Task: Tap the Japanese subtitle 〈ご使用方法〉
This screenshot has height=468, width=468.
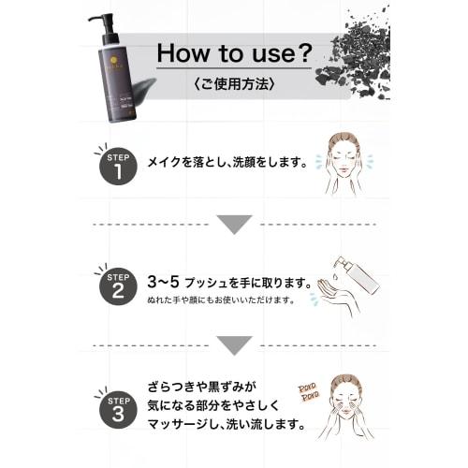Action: point(234,82)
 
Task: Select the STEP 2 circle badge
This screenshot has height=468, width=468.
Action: point(116,286)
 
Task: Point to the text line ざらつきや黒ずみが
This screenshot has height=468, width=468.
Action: point(201,386)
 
